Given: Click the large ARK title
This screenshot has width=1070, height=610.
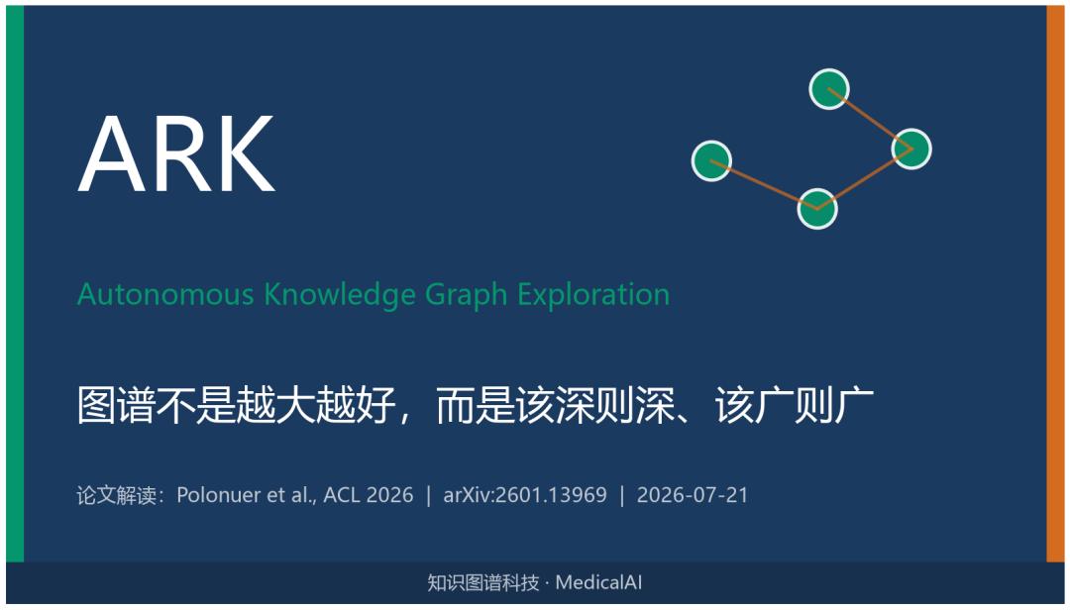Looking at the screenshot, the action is (176, 152).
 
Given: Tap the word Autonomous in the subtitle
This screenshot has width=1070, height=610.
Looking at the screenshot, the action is (165, 294).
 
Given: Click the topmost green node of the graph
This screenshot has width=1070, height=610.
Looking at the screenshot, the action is (829, 89).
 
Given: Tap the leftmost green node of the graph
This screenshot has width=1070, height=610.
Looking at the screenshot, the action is (711, 161).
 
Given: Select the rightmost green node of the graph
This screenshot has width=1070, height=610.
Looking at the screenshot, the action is (911, 149).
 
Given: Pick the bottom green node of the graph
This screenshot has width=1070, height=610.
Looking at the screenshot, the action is (817, 209).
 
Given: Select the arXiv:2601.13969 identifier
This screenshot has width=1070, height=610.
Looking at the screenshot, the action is (525, 495).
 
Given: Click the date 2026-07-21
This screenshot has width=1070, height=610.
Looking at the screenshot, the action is (692, 495).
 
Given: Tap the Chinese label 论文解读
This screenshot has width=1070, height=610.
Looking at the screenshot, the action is (117, 495).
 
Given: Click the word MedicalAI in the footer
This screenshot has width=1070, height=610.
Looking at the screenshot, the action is (598, 582).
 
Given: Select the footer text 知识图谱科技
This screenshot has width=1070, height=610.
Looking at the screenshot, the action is (483, 582).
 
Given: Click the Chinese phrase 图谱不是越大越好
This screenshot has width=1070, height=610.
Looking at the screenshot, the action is (236, 405).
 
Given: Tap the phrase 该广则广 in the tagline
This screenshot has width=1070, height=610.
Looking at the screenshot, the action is (795, 405).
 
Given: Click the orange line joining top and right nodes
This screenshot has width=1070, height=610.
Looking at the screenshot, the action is (870, 119).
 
